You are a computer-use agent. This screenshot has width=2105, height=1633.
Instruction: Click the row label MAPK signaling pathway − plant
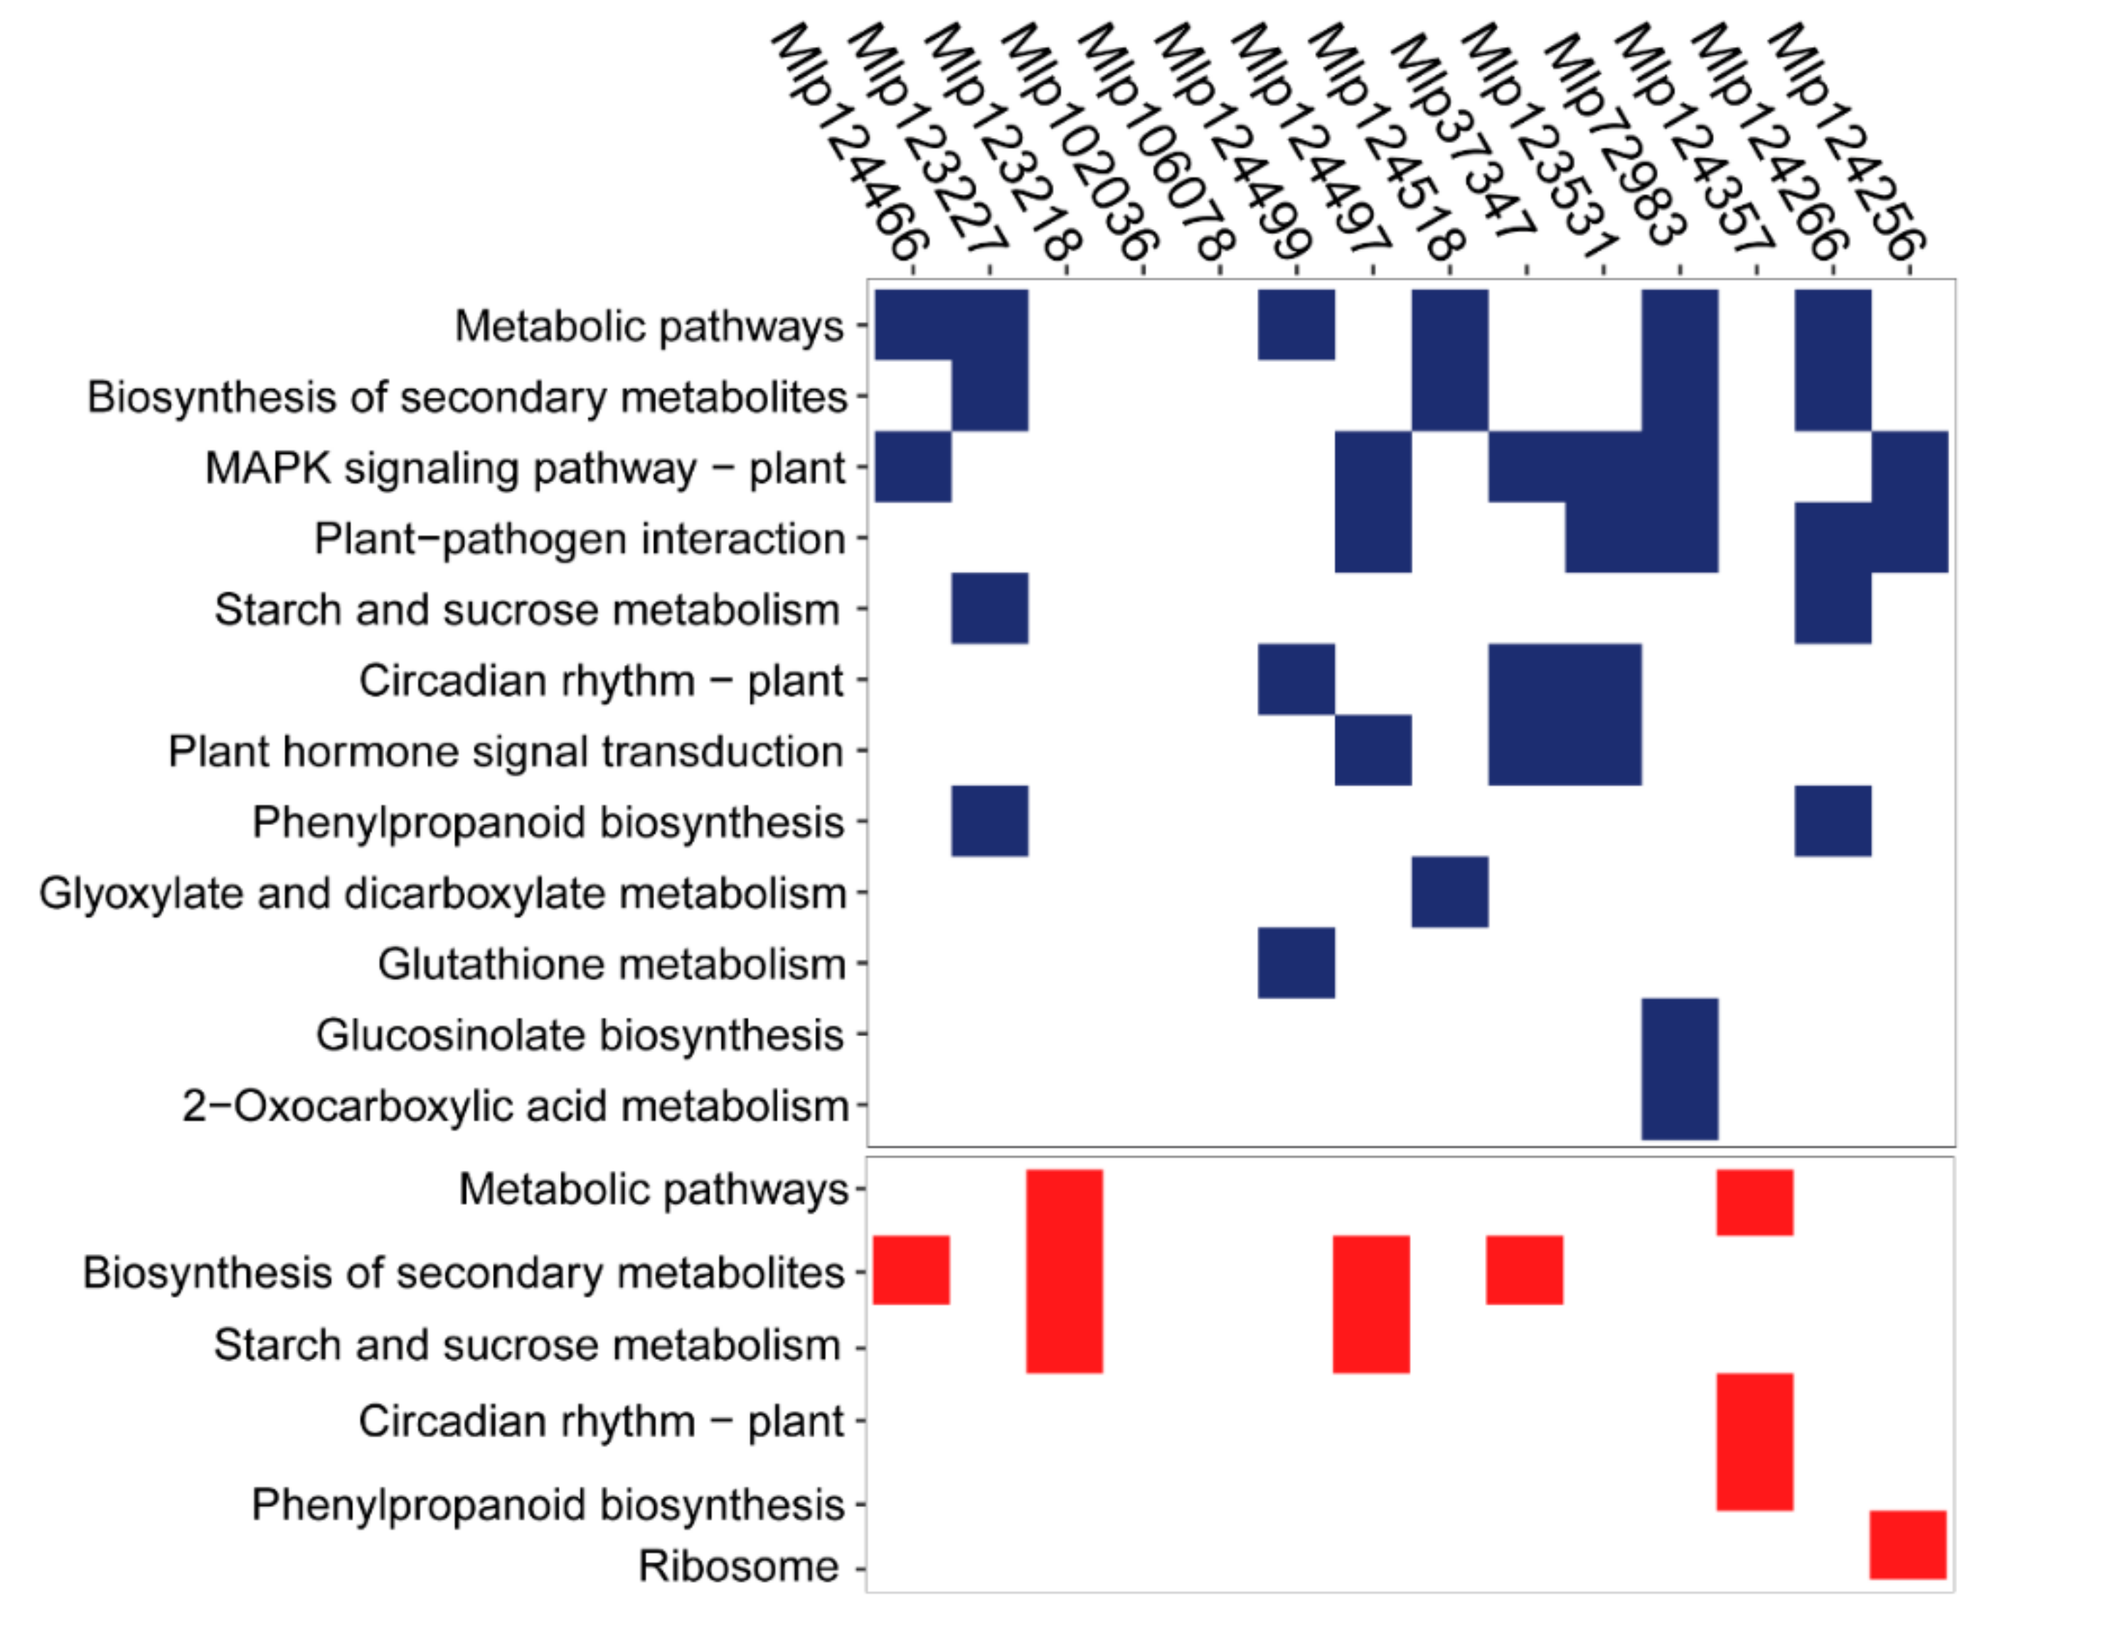coord(526,469)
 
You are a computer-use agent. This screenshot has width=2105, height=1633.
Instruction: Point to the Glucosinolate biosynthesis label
coord(580,1036)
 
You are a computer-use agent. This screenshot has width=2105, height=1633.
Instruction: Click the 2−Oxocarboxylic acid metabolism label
coord(515,1106)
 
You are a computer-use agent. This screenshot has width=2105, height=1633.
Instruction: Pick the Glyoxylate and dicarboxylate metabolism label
coord(442,893)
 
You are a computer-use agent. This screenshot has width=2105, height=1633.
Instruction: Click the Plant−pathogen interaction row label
coord(580,539)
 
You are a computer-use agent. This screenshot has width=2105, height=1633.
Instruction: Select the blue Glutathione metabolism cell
coord(1296,963)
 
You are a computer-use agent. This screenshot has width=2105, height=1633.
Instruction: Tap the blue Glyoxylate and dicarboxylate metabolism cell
coord(1449,892)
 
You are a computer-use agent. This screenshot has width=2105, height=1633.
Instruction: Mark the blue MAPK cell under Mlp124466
coord(912,467)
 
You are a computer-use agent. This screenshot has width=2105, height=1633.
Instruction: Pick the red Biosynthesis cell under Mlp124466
coord(911,1270)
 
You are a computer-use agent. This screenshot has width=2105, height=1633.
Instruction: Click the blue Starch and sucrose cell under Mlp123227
coord(990,608)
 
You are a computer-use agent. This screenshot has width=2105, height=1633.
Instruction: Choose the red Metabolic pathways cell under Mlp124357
coord(1754,1202)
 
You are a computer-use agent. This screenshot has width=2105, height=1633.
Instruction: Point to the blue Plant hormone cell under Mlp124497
coord(1373,750)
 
